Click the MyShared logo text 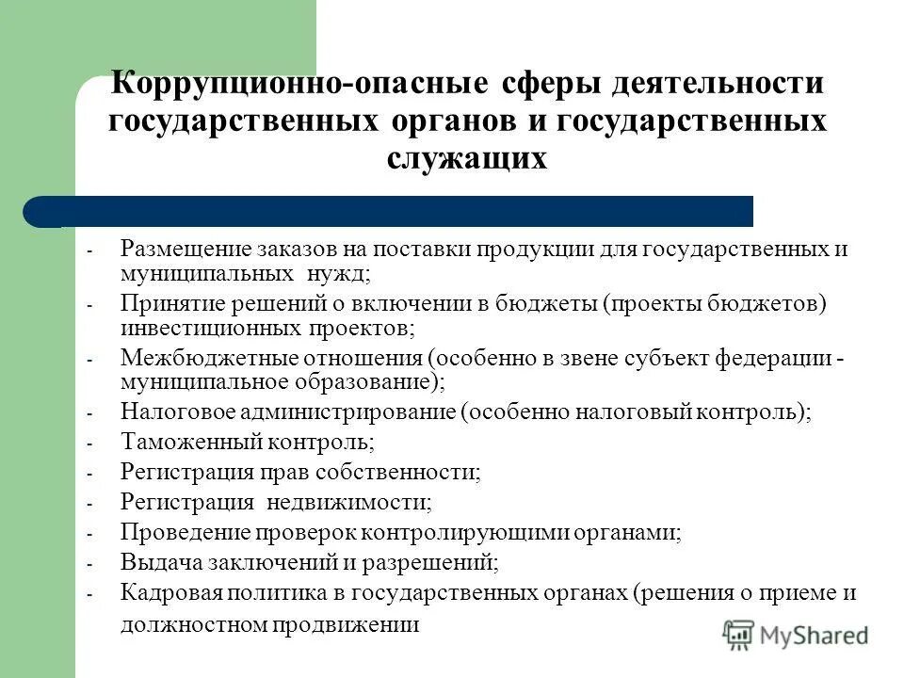(x=816, y=636)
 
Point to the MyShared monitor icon (x=740, y=634)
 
